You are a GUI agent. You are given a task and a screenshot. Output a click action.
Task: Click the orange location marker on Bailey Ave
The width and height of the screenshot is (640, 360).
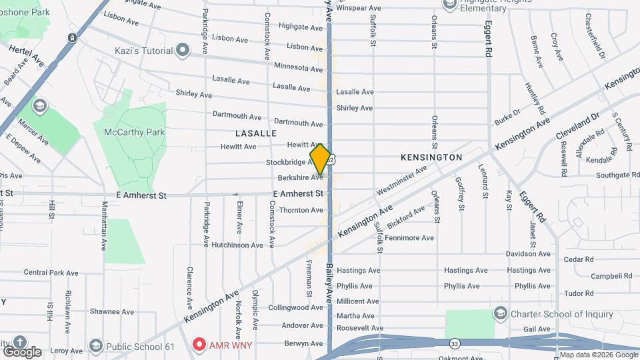point(321,159)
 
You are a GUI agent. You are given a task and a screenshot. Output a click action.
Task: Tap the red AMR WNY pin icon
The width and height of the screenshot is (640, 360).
point(198,345)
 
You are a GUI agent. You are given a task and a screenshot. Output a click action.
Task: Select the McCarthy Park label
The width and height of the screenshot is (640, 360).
point(134,132)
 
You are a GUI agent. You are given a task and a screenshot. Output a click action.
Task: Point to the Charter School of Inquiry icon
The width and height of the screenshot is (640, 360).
point(500,313)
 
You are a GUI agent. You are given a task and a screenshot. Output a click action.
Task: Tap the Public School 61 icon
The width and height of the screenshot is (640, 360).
point(97,346)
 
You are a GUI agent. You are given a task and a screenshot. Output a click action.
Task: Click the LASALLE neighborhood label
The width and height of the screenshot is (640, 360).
point(255,133)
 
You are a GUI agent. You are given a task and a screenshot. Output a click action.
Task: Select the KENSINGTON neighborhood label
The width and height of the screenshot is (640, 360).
point(431,157)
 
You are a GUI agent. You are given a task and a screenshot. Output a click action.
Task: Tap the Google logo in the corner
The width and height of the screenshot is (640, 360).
point(21,351)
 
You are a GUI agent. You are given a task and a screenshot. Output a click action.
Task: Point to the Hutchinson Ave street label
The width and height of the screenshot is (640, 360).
point(238,245)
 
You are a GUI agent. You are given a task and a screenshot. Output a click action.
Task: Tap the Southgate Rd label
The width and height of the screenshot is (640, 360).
point(617,175)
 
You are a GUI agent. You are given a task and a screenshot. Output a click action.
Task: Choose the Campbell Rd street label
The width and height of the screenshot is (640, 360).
point(611,276)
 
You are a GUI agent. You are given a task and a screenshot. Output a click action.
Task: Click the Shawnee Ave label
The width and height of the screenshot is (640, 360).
point(113,311)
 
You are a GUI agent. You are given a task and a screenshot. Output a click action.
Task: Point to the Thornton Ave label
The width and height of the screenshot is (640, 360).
point(301,210)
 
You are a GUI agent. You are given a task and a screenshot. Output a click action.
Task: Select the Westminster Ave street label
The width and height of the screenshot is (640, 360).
point(401,180)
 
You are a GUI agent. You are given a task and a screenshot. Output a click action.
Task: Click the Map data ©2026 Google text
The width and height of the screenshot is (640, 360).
point(597,355)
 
